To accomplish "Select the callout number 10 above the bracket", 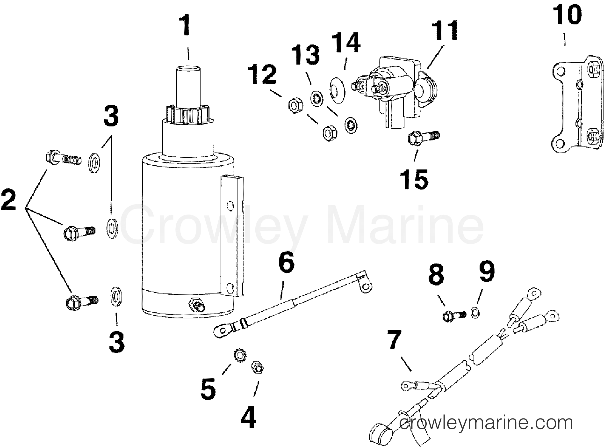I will point(567,15).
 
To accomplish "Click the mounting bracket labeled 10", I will point(577,107).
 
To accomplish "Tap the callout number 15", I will point(415,179).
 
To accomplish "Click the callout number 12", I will point(263,75).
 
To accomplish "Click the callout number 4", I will point(248,418).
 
